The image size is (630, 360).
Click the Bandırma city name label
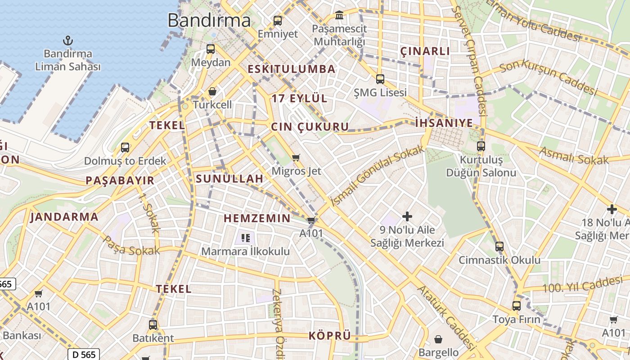click(209, 20)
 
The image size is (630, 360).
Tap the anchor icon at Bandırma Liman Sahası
click(67, 40)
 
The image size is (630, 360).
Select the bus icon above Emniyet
click(278, 20)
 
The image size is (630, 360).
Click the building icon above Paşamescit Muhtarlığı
click(339, 16)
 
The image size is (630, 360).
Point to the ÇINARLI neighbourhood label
click(425, 51)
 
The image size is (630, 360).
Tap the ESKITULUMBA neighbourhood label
click(292, 69)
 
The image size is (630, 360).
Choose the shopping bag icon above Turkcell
click(212, 92)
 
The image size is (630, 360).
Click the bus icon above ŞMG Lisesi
click(380, 79)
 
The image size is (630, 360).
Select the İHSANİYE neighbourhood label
click(444, 123)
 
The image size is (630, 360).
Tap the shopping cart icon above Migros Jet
click(296, 157)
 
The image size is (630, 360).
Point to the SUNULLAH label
click(229, 179)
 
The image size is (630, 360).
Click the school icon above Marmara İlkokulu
click(245, 238)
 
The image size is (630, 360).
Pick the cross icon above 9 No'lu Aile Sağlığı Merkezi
click(407, 216)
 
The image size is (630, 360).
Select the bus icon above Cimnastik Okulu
click(499, 246)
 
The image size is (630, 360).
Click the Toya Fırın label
click(516, 319)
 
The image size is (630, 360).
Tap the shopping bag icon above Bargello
click(438, 339)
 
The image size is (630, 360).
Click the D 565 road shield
click(84, 354)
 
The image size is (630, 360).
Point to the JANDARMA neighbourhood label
click(64, 217)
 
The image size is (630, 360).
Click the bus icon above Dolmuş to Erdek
click(125, 147)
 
